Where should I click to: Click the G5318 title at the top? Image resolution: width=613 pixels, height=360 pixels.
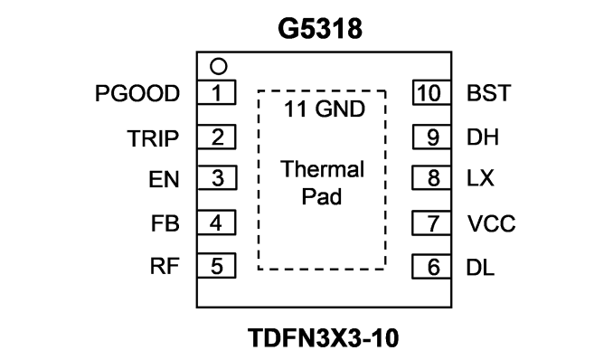coord(320,29)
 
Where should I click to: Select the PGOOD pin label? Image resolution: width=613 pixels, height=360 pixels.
coord(137,93)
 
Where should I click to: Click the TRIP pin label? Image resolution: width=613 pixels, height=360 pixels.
coord(153,138)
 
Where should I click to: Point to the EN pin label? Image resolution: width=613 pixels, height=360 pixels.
coord(164,180)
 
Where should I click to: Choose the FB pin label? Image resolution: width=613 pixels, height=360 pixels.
coord(165,223)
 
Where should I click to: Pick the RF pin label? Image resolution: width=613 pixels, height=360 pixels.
coord(165,266)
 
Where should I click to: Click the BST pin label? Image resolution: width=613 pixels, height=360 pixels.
coord(488,93)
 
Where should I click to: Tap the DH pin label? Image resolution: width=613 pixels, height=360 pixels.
coord(483,137)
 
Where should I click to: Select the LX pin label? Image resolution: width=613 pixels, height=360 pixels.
coord(480,178)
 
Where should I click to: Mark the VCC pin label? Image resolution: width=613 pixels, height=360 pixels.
coord(491,223)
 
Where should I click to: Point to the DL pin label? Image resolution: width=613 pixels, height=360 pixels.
coord(480,268)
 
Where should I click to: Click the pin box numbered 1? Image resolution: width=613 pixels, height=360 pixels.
coord(217,92)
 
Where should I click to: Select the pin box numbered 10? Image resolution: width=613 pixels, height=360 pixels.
coord(431,93)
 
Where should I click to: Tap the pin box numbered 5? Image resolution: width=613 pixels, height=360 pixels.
coord(217,266)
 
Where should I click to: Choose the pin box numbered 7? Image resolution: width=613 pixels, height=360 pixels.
coord(431,223)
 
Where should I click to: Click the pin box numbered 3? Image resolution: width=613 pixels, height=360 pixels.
coord(217,178)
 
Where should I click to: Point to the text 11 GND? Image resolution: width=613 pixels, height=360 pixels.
coord(325,109)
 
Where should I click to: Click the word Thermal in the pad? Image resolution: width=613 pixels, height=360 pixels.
coord(322,169)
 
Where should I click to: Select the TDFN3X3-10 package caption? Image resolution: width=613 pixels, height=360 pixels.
coord(324,338)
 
